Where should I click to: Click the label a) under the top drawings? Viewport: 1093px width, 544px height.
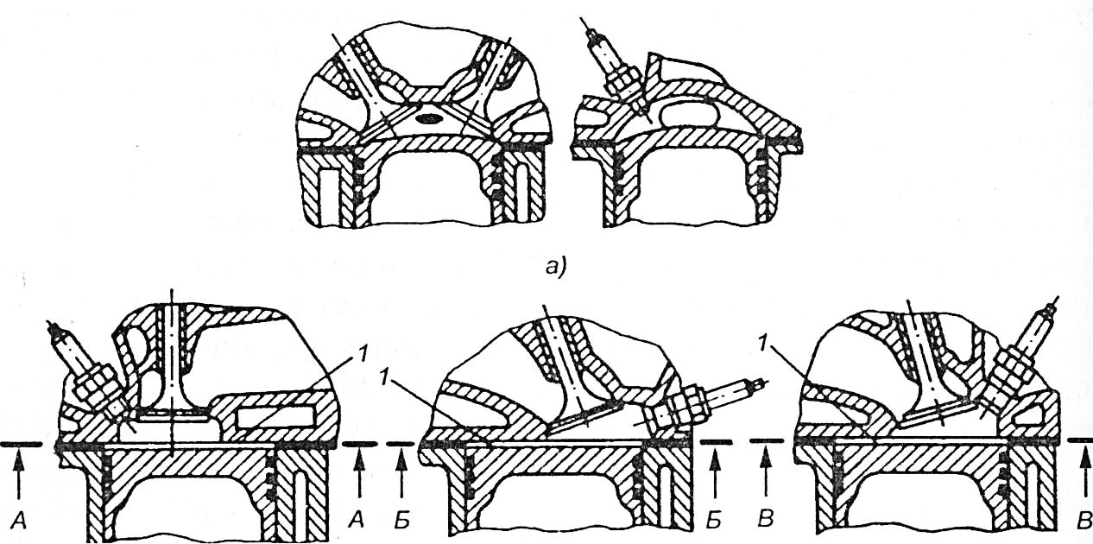pos(550,268)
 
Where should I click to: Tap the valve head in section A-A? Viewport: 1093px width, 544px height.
pos(174,418)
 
